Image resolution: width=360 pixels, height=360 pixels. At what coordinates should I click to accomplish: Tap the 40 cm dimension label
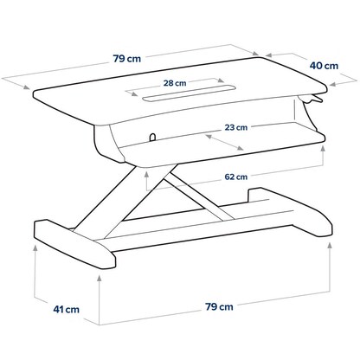[325, 64]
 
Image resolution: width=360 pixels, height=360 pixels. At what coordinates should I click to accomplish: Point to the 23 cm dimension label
[235, 127]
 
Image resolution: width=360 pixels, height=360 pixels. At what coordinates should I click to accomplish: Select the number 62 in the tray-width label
[228, 177]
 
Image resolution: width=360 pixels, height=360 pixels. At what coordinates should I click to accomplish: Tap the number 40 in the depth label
[318, 64]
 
